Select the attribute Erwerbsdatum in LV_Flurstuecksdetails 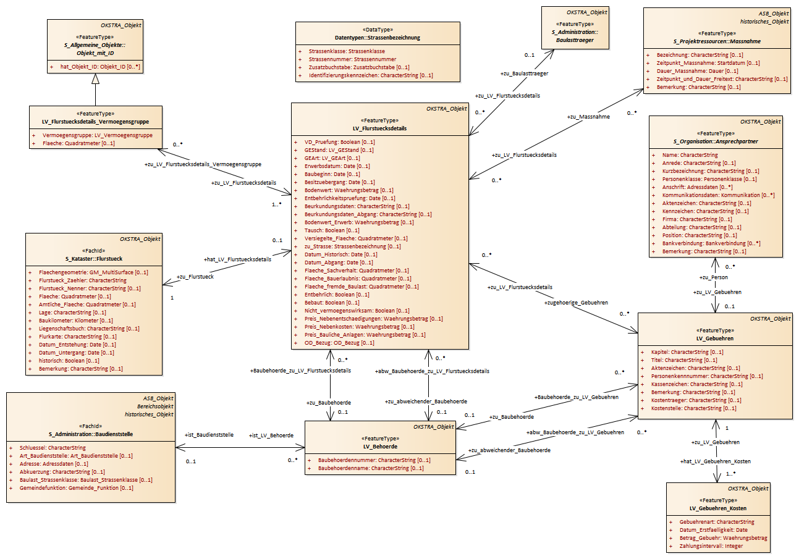pyautogui.click(x=337, y=166)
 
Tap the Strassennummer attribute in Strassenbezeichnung pyautogui.click(x=347, y=59)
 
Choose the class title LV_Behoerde pyautogui.click(x=380, y=446)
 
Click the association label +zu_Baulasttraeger pyautogui.click(x=524, y=74)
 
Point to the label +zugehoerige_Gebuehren pyautogui.click(x=576, y=303)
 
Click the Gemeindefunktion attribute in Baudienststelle pyautogui.click(x=76, y=488)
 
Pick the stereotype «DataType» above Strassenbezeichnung pyautogui.click(x=378, y=30)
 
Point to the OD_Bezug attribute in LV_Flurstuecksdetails pyautogui.click(x=339, y=343)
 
